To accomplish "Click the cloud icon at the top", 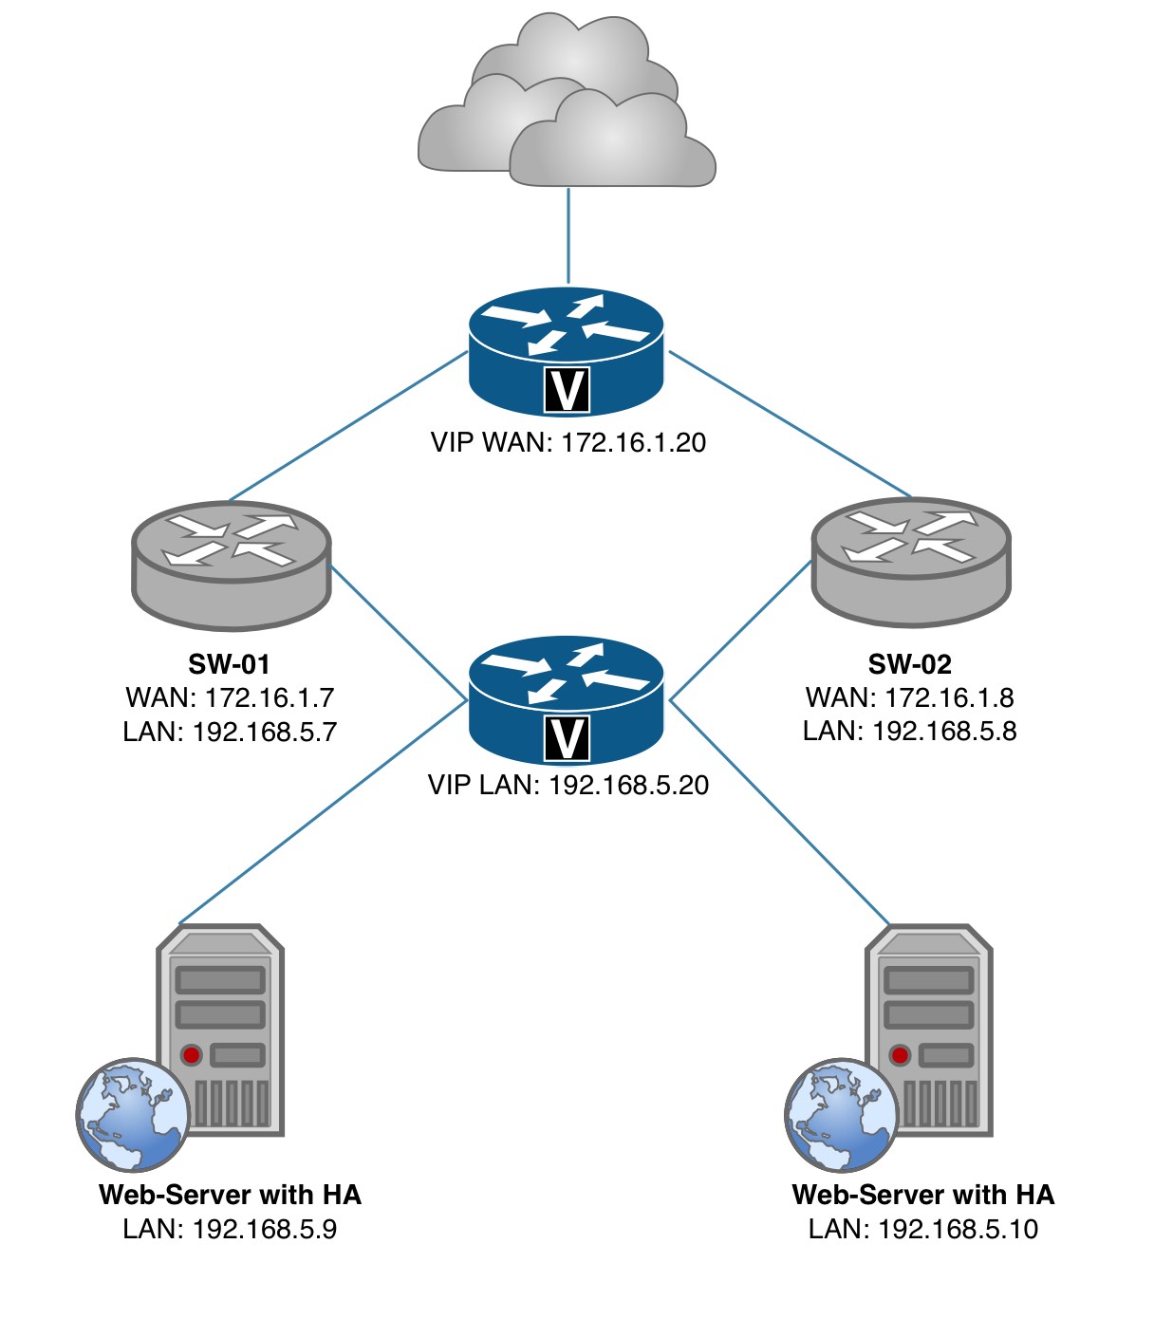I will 567,104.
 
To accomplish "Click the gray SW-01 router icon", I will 231,564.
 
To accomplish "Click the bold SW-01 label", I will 230,664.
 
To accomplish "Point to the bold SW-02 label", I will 910,664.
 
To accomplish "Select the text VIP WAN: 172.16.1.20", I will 568,442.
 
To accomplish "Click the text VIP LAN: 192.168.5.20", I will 568,785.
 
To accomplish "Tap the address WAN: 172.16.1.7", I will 230,697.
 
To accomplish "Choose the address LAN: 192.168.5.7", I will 230,732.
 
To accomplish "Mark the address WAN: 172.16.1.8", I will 910,697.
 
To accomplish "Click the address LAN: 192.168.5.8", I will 910,731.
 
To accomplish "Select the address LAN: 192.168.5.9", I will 230,1229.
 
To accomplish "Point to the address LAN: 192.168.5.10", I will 923,1229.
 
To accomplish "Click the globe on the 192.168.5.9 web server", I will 133,1115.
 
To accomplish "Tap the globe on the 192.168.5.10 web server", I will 841,1115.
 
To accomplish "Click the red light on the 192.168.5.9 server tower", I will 192,1054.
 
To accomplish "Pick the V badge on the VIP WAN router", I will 568,389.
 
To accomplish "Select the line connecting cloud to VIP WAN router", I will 568,235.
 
